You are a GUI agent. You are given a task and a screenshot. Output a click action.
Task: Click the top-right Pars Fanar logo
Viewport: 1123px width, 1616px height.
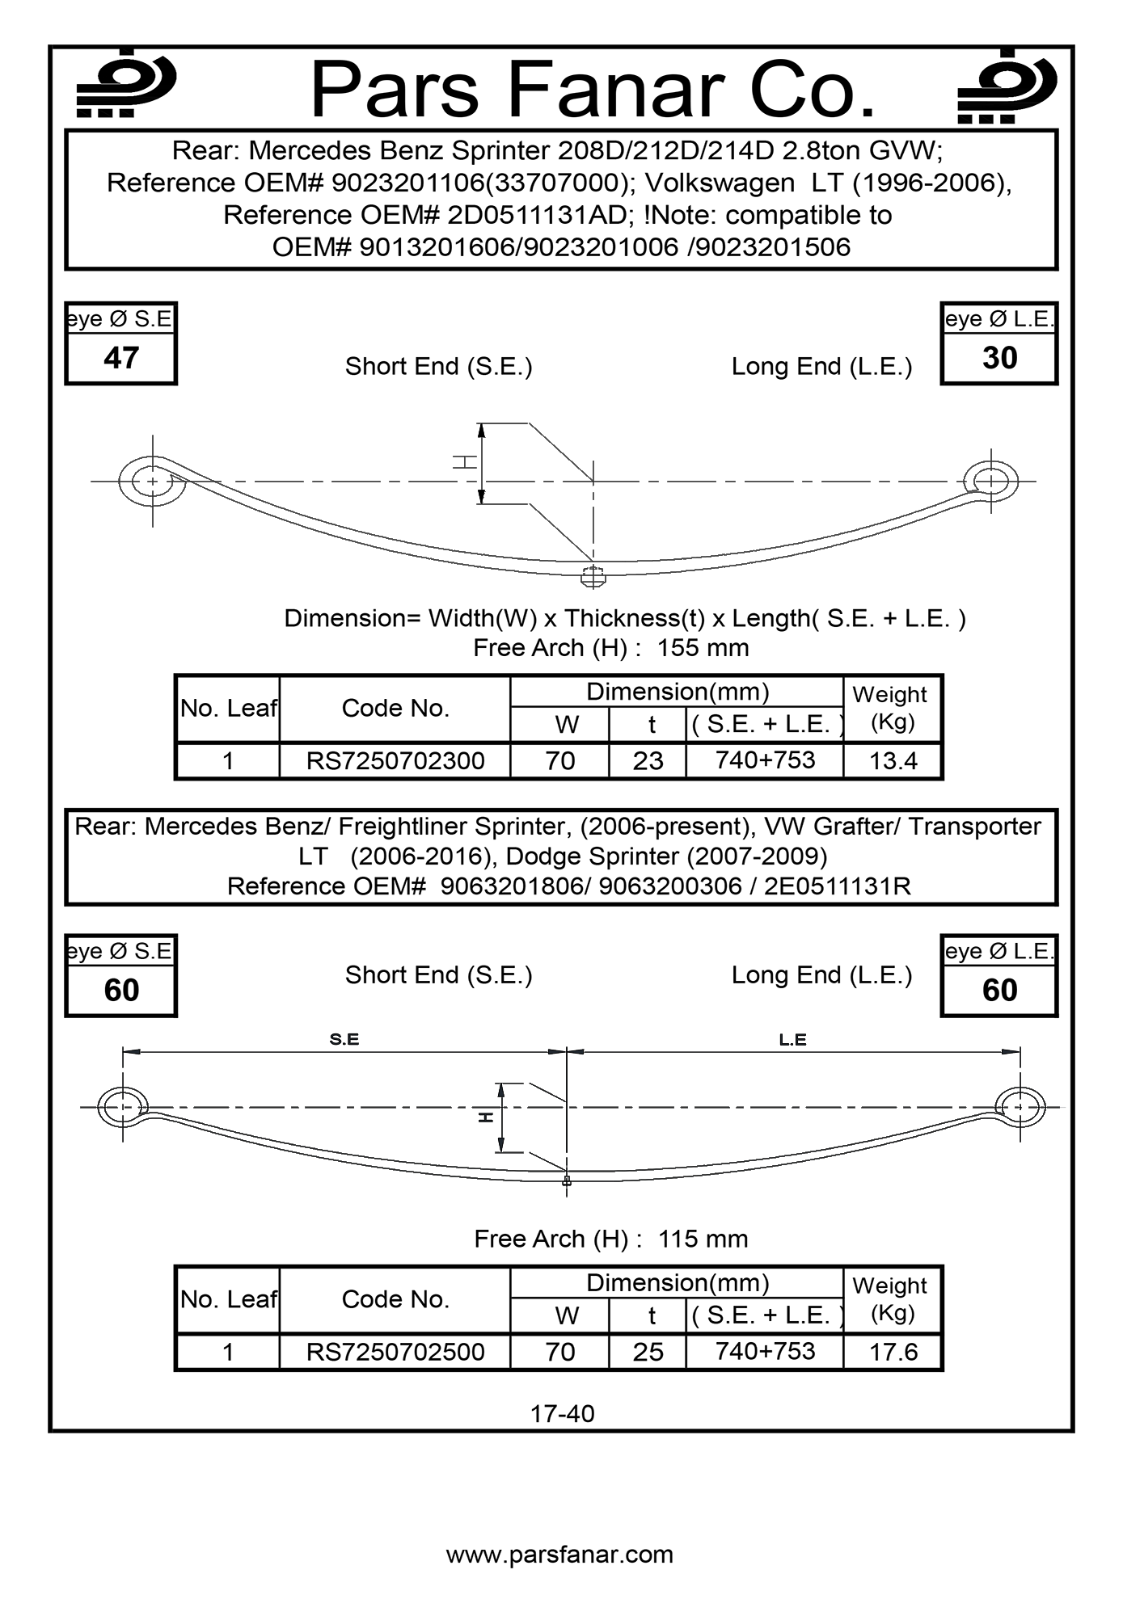[x=1007, y=86]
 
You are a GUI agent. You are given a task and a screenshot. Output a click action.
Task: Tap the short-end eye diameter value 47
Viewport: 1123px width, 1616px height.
[x=121, y=358]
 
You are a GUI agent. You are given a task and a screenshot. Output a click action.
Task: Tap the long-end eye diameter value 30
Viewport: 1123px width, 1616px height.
[x=999, y=358]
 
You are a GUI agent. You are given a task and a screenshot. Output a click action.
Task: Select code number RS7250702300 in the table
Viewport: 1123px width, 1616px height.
[x=395, y=760]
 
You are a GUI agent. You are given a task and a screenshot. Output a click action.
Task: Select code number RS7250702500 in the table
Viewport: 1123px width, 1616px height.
[x=395, y=1352]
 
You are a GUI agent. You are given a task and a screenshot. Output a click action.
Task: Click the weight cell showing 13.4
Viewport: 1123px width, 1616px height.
[x=893, y=760]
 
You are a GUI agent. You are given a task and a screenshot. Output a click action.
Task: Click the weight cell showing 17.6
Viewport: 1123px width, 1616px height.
[x=893, y=1352]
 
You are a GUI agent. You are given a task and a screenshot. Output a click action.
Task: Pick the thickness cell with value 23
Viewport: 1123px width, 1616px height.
[x=648, y=760]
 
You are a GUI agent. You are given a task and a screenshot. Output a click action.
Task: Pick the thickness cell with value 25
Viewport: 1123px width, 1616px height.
[x=648, y=1352]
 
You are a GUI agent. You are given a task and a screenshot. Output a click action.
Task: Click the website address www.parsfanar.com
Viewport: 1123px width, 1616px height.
[x=559, y=1554]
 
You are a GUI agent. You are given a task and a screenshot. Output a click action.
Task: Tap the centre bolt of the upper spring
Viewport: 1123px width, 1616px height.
[x=593, y=577]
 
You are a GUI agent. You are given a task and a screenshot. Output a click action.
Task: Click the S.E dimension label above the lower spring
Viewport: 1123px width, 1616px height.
[x=344, y=1039]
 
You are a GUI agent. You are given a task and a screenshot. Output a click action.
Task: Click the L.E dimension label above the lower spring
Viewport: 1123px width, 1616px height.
[x=792, y=1039]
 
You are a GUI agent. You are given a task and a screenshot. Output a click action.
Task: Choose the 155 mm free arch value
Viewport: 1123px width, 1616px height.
[x=703, y=647]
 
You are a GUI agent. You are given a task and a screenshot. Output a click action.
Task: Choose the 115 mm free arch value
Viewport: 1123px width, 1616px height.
[x=703, y=1239]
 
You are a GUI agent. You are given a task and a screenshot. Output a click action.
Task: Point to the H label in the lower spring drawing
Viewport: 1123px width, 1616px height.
[x=485, y=1117]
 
